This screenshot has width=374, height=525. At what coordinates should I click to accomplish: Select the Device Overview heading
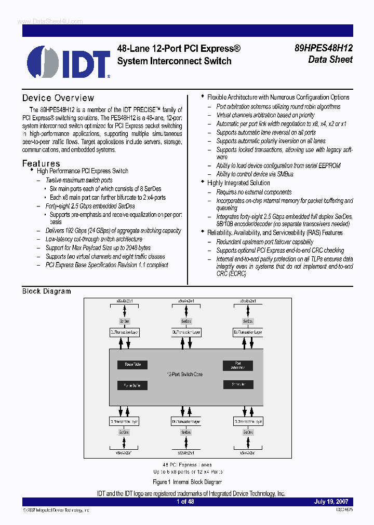coord(58,98)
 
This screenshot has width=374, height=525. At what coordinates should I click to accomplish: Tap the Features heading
coord(41,163)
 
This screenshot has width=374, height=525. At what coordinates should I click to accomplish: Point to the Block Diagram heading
coord(47,291)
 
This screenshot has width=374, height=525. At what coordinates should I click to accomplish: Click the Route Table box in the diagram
coord(132,365)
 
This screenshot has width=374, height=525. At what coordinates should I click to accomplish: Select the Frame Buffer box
coord(132,385)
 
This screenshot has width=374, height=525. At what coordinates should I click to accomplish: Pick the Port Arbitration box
coord(238,366)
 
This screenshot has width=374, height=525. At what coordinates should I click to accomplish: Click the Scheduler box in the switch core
coord(238,384)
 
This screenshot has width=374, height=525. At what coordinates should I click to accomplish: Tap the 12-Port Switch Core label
coord(185,374)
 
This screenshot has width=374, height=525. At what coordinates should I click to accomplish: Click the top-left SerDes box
coord(125,321)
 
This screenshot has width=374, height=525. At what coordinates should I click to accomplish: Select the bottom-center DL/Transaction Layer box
coord(186,421)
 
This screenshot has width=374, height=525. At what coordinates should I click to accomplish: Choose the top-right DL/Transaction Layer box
coord(248,332)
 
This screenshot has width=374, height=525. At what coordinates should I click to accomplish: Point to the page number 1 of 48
coord(186,502)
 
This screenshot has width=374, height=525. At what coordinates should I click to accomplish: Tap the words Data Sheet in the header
coord(330,60)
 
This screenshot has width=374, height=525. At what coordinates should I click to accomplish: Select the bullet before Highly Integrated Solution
coord(203,183)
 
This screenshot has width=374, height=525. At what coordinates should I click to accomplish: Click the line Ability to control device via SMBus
coord(255,174)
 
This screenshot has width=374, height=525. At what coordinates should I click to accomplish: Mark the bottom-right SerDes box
coord(248,432)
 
